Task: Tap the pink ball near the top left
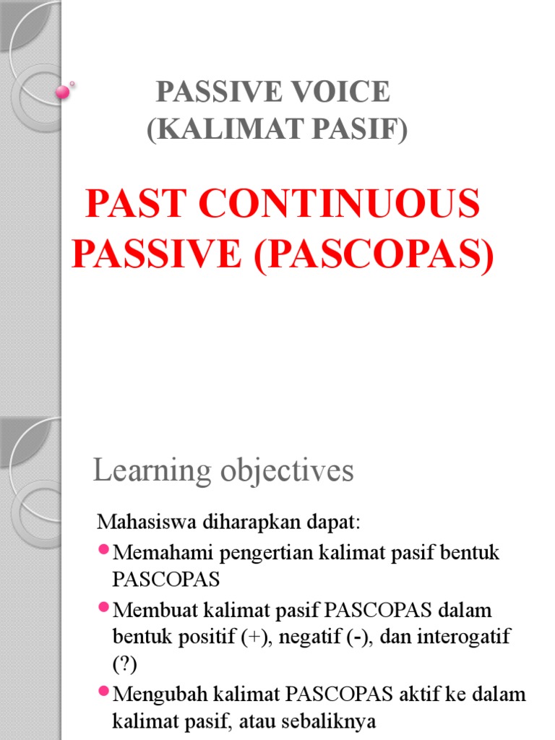coord(63,92)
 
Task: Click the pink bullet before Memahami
coord(103,551)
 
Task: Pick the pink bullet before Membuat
coord(103,608)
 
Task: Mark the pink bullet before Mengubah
coord(103,692)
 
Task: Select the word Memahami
coord(155,554)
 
